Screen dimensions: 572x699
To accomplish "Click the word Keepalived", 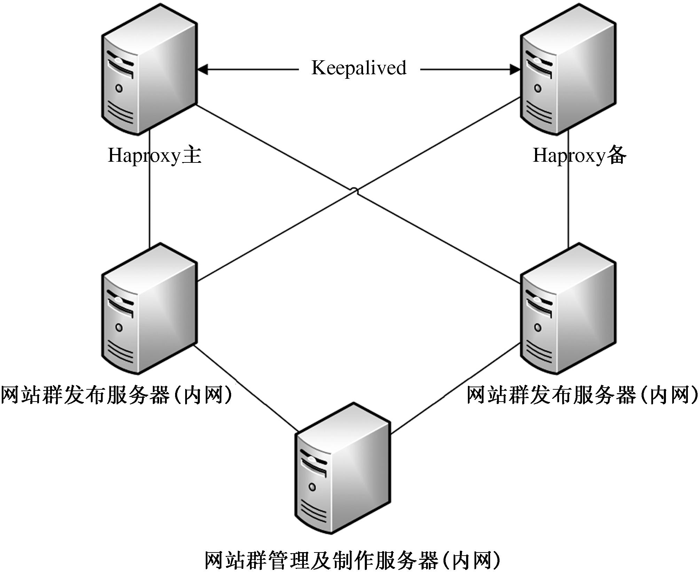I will [359, 68].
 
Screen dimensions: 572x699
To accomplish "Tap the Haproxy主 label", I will [155, 155].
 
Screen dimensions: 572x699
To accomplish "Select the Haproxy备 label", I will [579, 155].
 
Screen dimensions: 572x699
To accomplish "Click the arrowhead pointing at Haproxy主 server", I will [203, 69].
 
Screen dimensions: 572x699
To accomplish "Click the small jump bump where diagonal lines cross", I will [354, 190].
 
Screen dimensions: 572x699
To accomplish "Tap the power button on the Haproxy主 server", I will [119, 88].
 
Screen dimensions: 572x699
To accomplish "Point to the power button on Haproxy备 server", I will [538, 88].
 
